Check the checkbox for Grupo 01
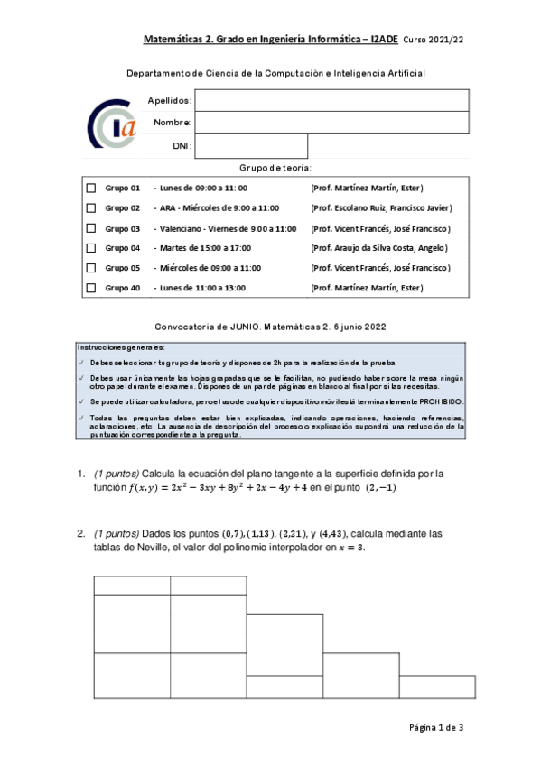click(x=90, y=189)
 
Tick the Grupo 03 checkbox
click(x=90, y=228)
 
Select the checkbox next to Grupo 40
click(x=90, y=288)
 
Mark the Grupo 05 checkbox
click(x=90, y=268)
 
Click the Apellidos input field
click(x=331, y=100)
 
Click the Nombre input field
click(x=331, y=122)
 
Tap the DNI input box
click(x=251, y=145)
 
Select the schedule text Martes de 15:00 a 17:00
click(x=205, y=248)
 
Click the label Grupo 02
click(x=123, y=208)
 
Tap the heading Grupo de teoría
click(x=275, y=168)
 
